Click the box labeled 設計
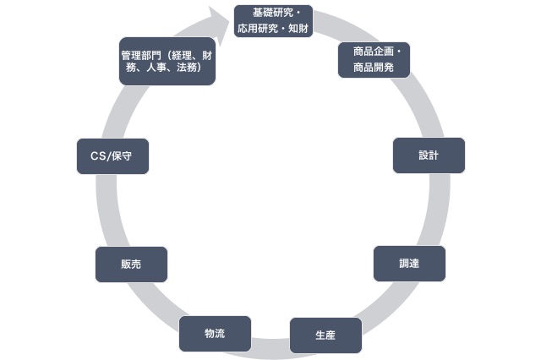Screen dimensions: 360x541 tap(429, 155)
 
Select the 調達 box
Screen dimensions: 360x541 tap(409, 264)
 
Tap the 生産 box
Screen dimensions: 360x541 tap(325, 335)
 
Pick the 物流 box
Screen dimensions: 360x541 tap(215, 333)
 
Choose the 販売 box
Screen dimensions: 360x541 tap(131, 265)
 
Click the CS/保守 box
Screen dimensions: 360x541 tap(112, 156)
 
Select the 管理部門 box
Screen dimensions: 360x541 tap(167, 62)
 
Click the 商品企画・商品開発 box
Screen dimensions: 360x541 tap(374, 59)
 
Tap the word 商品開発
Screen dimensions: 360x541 tap(373, 67)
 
